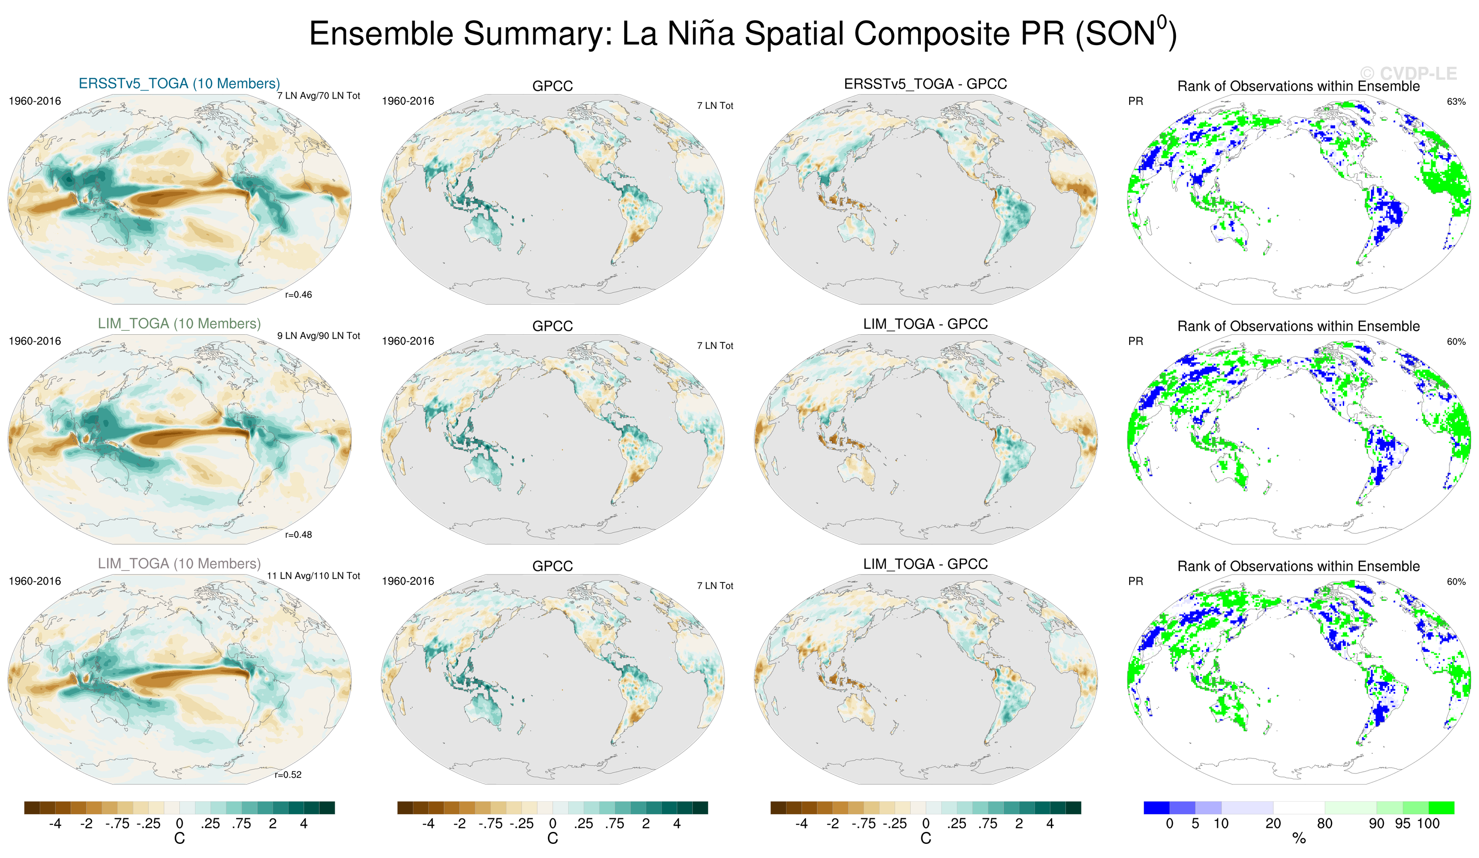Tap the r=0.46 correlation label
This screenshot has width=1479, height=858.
click(298, 295)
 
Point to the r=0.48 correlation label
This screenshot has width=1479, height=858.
click(298, 535)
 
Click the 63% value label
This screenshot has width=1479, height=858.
click(1456, 102)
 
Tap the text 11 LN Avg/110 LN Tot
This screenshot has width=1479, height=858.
click(314, 576)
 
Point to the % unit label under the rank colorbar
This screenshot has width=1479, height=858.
click(1299, 839)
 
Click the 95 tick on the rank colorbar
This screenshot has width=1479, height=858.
click(1402, 824)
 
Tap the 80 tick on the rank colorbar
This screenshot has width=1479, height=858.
click(1325, 824)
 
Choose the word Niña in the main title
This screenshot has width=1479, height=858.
click(700, 34)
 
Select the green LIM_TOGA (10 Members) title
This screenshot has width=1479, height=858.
click(179, 324)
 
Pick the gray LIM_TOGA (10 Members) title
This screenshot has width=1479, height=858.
click(179, 564)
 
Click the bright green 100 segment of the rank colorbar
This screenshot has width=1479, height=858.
click(1441, 808)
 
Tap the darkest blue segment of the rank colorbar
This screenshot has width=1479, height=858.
click(1156, 808)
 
